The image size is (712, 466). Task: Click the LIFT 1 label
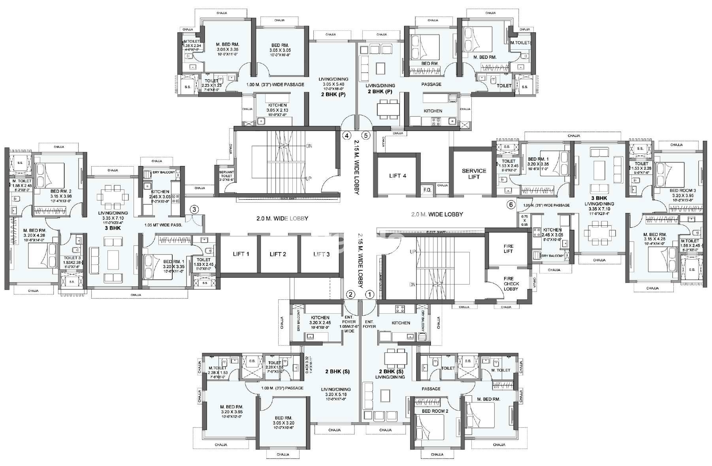pos(240,254)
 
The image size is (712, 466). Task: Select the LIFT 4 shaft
pos(397,176)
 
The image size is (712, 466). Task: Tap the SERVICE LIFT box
pos(474,174)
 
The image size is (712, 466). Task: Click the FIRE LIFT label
pos(508,248)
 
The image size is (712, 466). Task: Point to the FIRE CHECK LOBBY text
pos(511,284)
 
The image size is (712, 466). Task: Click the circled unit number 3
pos(194,209)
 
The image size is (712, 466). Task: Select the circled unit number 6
pos(511,204)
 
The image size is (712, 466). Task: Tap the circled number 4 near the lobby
pos(347,135)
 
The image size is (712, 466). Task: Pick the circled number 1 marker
pos(369,294)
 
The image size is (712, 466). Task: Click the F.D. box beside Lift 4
pos(427,190)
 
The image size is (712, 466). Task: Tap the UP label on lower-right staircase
pos(413,251)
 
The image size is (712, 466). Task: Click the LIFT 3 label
pos(321,254)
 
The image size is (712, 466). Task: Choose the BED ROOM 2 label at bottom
pos(435,411)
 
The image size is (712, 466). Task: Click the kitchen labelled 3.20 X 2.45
pos(320,320)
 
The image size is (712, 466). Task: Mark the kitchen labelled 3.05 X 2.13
pos(277,108)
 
